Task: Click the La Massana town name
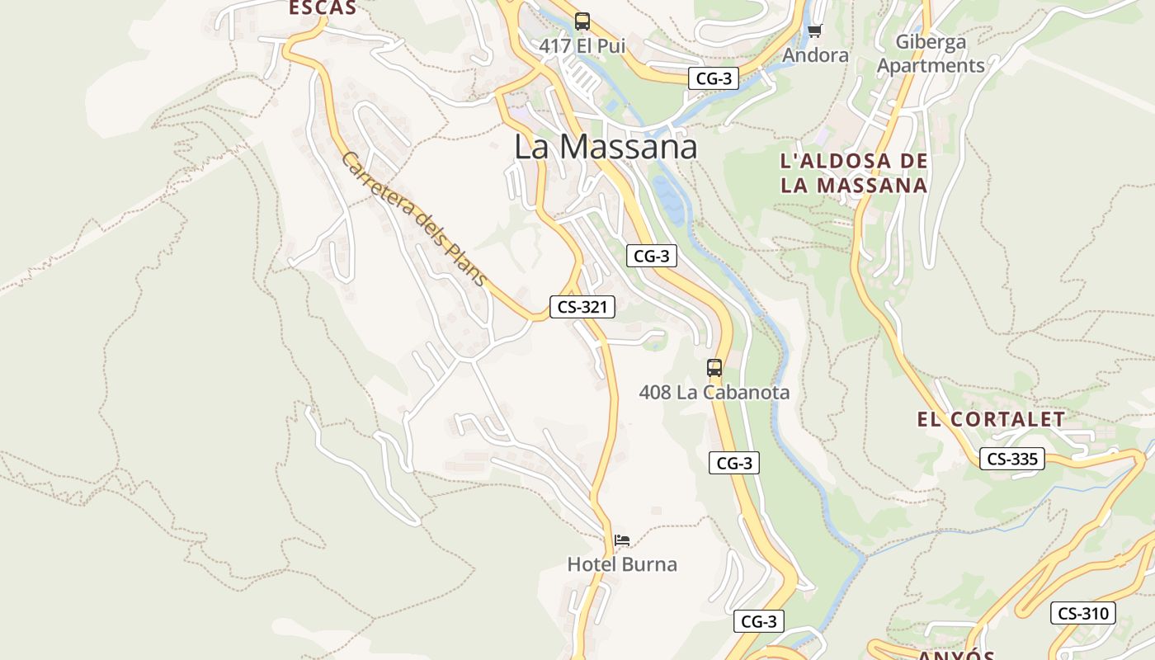point(606,147)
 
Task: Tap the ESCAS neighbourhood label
point(323,8)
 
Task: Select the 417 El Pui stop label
point(582,46)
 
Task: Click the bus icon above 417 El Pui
point(582,21)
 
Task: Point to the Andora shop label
point(815,55)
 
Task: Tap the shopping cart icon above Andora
point(815,31)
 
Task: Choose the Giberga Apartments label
point(931,54)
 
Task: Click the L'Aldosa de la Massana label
point(854,173)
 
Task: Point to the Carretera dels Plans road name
point(413,219)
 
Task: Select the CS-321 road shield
point(582,307)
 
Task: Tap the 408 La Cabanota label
point(714,393)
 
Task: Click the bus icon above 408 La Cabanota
point(714,368)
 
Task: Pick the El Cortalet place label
point(992,419)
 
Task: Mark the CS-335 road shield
point(1012,459)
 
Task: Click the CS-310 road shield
point(1083,613)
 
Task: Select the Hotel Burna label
point(622,565)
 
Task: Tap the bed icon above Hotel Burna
point(622,540)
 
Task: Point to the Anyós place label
point(956,654)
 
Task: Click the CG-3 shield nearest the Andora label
point(714,78)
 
